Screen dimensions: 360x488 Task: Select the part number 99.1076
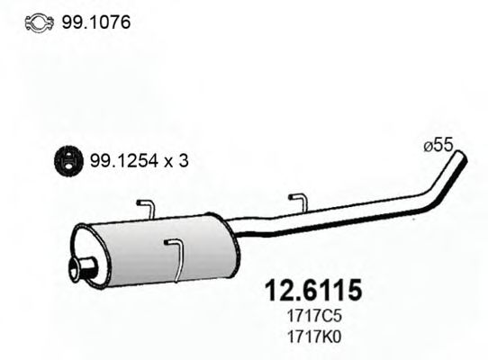95,22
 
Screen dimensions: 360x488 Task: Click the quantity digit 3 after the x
185,161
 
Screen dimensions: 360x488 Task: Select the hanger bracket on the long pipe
297,202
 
